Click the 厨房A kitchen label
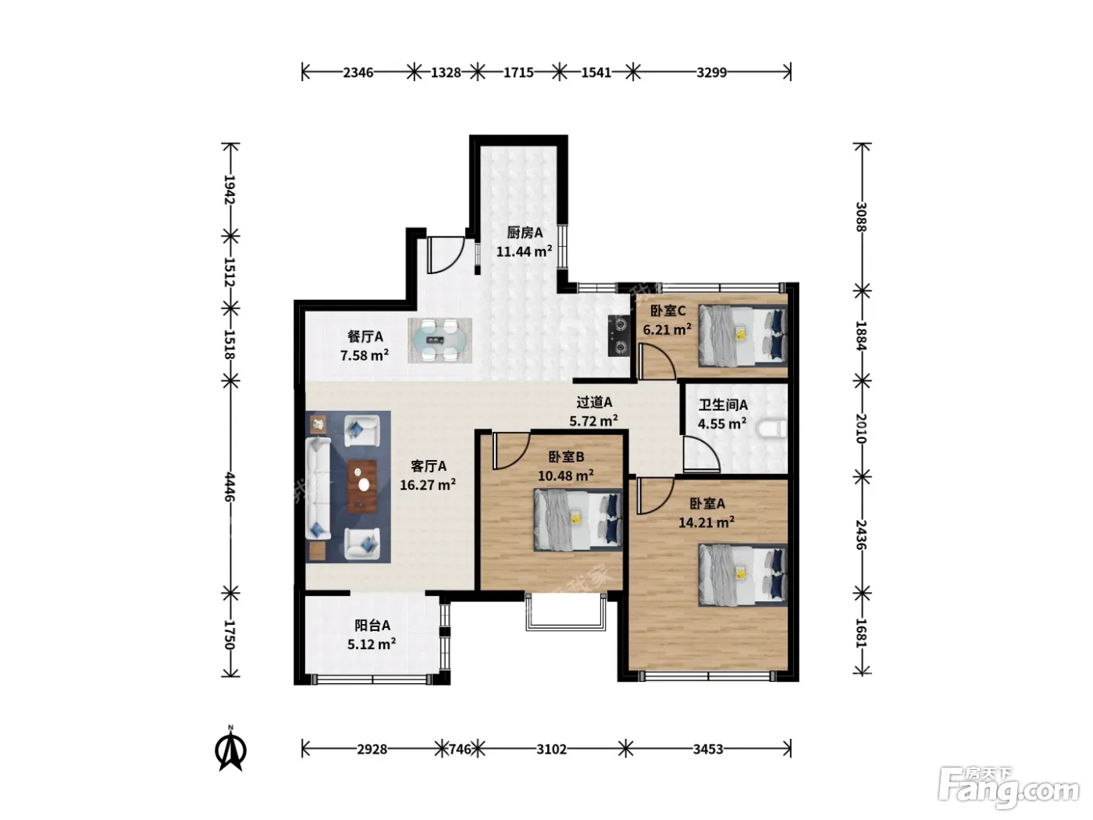[x=525, y=233]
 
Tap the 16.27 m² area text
[x=428, y=484]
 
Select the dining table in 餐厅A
[x=440, y=340]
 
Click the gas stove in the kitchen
[x=619, y=336]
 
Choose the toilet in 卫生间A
[x=772, y=429]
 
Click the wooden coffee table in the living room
[x=362, y=487]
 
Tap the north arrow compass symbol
[x=230, y=749]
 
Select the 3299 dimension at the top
[x=711, y=73]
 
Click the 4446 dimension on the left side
[x=230, y=487]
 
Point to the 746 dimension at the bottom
[x=460, y=749]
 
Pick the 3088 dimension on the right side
[x=861, y=217]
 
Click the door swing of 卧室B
[x=511, y=451]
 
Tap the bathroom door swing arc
[x=701, y=454]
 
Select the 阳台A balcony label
[x=372, y=625]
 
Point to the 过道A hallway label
[x=594, y=401]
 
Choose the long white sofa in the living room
[x=318, y=488]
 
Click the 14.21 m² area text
[x=706, y=522]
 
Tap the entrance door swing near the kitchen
[x=446, y=255]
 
